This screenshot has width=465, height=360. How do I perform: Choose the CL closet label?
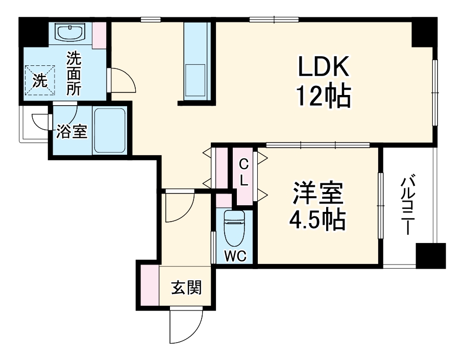244,172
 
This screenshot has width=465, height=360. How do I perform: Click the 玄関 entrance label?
186,288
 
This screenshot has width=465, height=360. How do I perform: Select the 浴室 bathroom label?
71,132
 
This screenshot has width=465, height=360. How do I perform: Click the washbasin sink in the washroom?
70,33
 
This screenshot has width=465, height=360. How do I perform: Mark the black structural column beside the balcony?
430,256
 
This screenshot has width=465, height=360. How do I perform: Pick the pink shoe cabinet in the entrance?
149,286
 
